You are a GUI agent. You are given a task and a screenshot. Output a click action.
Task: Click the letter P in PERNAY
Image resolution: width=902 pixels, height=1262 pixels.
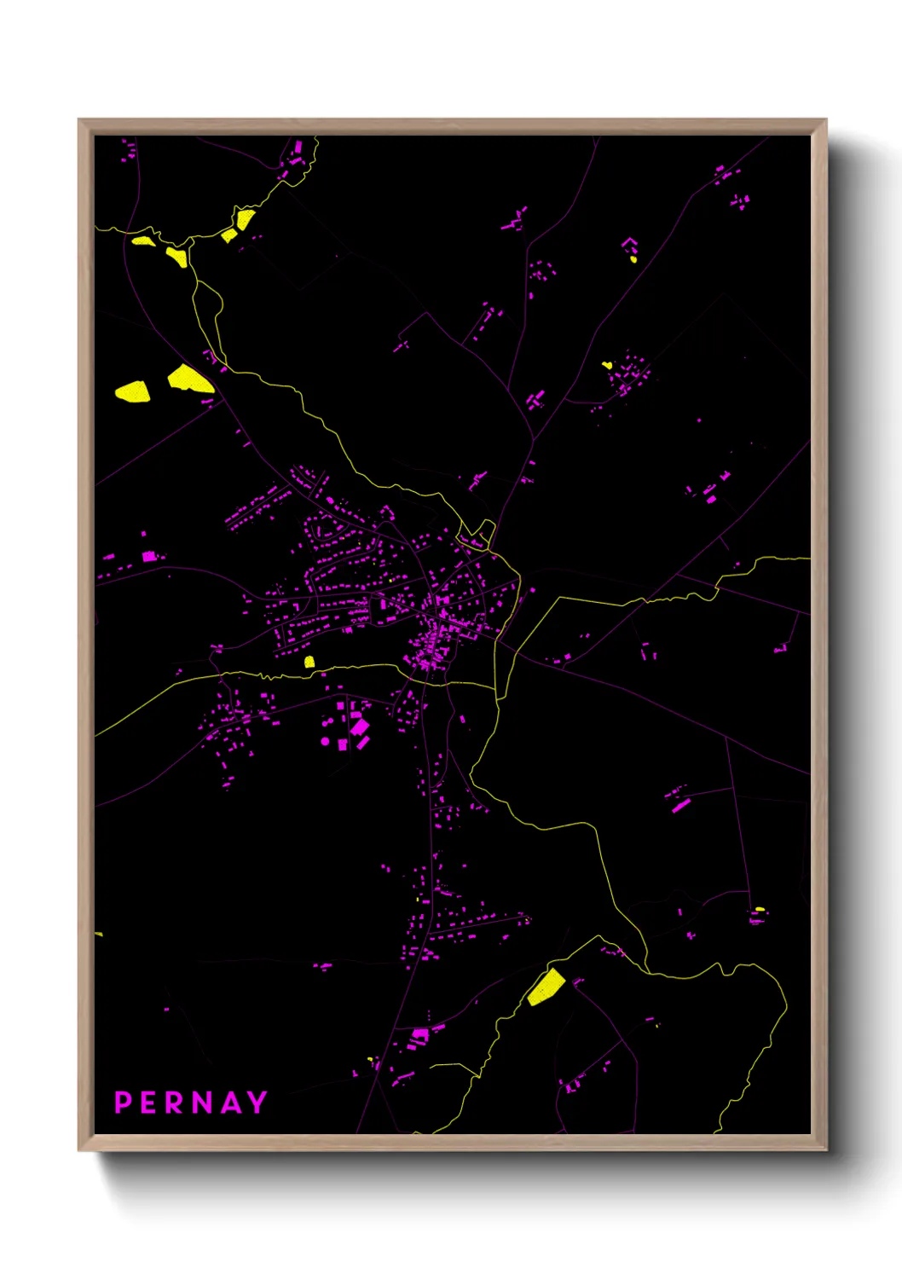point(123,1103)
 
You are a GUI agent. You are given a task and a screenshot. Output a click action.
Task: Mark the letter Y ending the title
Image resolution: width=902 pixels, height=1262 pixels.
point(256,1103)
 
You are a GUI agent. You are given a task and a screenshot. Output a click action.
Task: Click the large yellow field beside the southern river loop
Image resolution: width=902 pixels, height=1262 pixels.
point(545,987)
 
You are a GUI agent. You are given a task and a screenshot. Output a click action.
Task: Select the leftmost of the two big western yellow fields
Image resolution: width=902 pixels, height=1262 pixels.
point(133,391)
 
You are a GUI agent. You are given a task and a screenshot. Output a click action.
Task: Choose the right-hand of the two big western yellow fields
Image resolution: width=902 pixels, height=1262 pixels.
point(189,379)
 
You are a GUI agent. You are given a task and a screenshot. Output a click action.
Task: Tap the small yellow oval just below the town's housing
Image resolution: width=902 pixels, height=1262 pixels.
point(309,662)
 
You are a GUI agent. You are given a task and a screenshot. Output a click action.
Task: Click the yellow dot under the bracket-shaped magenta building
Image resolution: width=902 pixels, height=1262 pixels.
point(633,258)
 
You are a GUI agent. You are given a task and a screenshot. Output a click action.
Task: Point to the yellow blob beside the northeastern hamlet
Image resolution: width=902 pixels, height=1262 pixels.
point(607,365)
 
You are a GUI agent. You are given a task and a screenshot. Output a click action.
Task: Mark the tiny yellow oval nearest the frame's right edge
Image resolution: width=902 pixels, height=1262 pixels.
point(760,909)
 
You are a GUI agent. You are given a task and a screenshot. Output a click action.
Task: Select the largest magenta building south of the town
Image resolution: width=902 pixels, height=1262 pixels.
point(360,727)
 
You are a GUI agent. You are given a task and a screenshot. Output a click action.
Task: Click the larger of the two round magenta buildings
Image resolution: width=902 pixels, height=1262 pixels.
point(325,742)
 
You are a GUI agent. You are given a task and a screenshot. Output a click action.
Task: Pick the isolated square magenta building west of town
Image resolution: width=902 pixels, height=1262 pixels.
point(149,556)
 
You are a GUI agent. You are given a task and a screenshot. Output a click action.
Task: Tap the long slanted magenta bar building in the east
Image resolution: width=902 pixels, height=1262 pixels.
point(680,805)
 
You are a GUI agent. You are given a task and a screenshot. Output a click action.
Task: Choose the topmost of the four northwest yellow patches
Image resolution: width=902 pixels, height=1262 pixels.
point(246,219)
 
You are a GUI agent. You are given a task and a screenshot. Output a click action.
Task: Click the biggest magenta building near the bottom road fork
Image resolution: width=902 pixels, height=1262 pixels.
point(419,1035)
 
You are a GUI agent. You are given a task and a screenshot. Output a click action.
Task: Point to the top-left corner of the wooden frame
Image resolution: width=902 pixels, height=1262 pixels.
point(79,120)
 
